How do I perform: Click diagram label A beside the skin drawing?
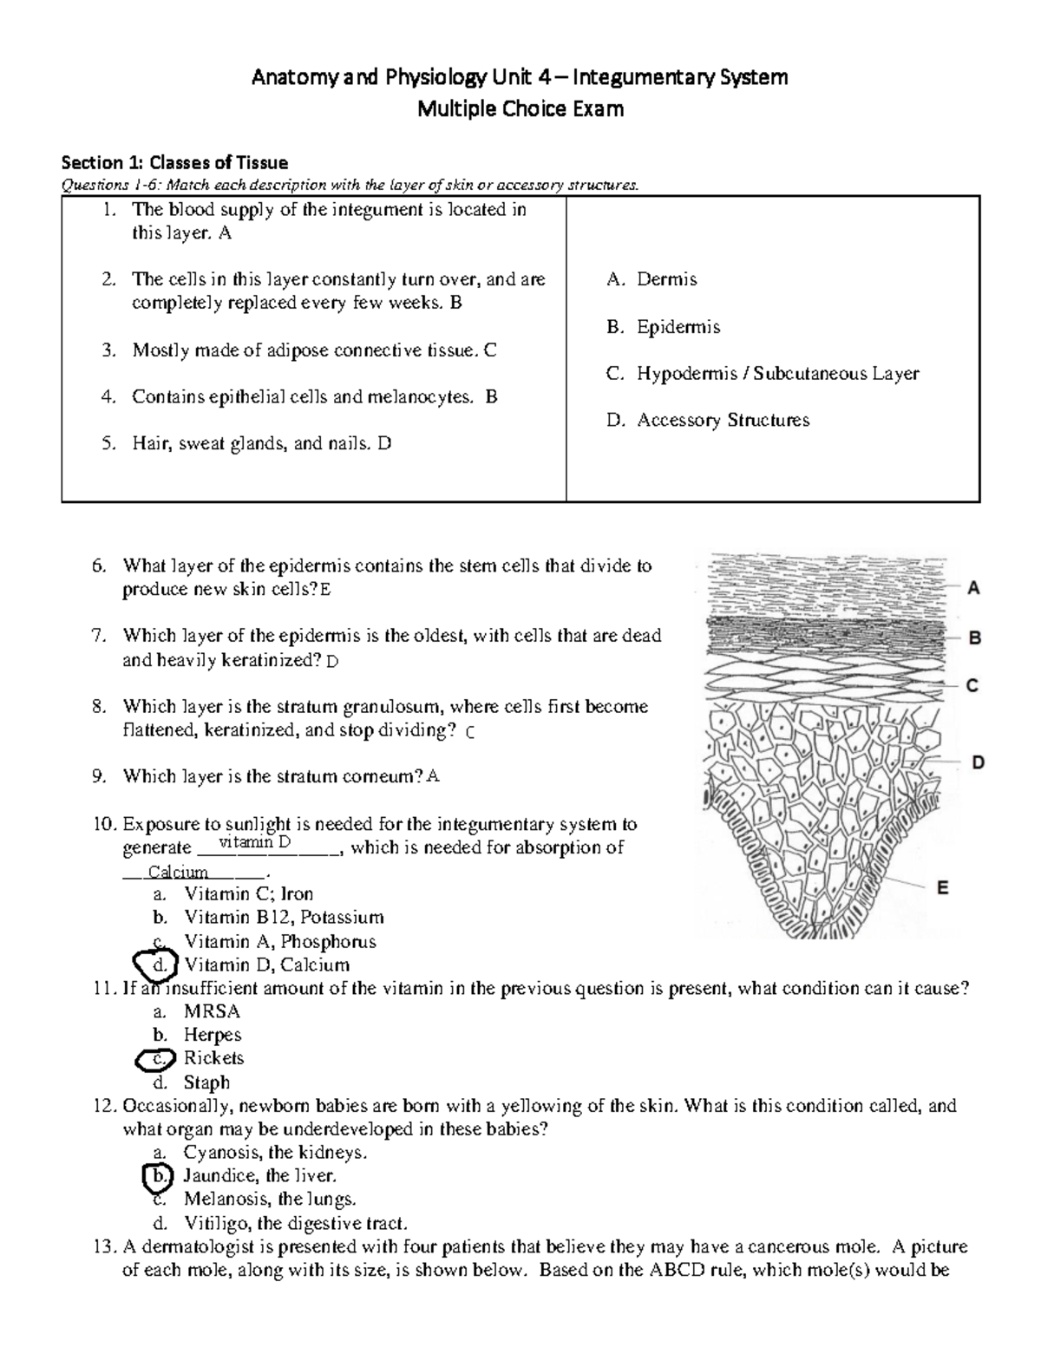973,588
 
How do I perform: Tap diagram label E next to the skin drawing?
943,887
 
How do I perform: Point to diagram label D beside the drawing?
978,763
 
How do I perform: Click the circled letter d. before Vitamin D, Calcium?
157,964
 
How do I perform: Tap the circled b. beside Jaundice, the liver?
158,1176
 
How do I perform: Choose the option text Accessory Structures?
723,421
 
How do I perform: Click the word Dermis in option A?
666,279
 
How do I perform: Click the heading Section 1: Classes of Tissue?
174,162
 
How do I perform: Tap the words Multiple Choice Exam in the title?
520,109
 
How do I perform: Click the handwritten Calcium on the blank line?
178,873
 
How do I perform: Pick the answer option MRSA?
212,1011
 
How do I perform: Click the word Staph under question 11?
206,1082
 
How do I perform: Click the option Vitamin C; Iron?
248,894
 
